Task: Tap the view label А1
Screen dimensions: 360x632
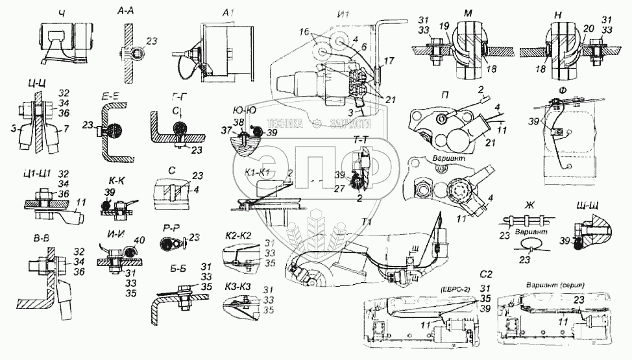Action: click(x=227, y=13)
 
